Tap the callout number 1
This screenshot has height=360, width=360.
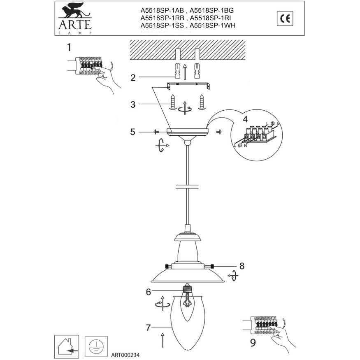click(69, 47)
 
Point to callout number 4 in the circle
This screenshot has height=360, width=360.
click(245, 120)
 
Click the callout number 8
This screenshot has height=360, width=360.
click(242, 266)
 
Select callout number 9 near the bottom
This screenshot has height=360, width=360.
click(253, 341)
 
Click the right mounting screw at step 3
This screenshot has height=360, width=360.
click(202, 102)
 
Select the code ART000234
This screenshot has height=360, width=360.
click(129, 354)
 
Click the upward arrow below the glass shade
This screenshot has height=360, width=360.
click(163, 340)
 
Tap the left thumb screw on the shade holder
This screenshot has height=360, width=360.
click(166, 266)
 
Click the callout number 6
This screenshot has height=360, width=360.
click(148, 292)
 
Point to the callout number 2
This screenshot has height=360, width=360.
click(133, 77)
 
